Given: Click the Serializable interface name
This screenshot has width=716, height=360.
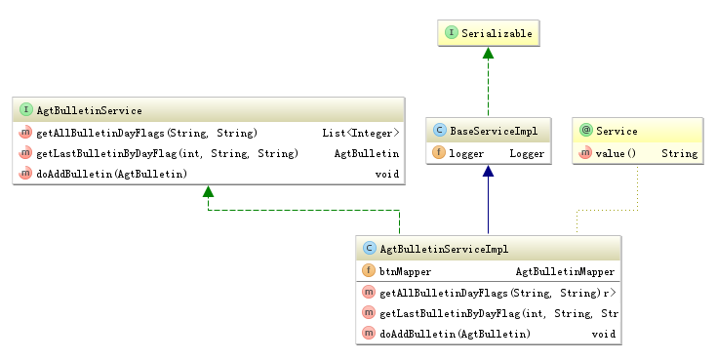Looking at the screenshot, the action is coord(497,33).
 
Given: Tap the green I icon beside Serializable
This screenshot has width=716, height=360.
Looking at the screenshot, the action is coord(451,32).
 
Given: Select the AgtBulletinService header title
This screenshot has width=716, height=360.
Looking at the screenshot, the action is coord(89,110).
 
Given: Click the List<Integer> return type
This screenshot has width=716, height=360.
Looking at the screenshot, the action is coord(361,133).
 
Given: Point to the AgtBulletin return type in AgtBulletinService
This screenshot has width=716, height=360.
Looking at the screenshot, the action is coord(367,153).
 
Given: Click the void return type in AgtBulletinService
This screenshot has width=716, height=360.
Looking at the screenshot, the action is coord(387,174).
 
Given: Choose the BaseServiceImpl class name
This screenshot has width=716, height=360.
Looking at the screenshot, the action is coord(494,131).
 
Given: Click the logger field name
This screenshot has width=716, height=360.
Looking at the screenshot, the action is coord(466,154).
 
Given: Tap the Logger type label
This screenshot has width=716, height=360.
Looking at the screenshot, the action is coord(527,154).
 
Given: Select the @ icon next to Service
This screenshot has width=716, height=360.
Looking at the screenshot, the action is coord(586,130).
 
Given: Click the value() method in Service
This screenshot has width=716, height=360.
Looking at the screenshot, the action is coord(616,153).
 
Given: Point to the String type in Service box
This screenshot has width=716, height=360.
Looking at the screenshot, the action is coord(680,154).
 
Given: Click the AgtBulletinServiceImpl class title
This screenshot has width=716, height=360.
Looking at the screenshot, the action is coord(444,249).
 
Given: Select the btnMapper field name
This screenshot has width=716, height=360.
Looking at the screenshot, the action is coord(405,272).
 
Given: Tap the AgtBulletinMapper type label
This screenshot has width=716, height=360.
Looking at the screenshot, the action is coord(566,272).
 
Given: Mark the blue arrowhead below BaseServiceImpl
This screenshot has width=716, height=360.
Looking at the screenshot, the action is coord(488,171).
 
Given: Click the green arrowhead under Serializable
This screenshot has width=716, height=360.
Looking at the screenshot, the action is coord(488,53).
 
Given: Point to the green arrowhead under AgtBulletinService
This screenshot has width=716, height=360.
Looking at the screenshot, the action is coord(208,191).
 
